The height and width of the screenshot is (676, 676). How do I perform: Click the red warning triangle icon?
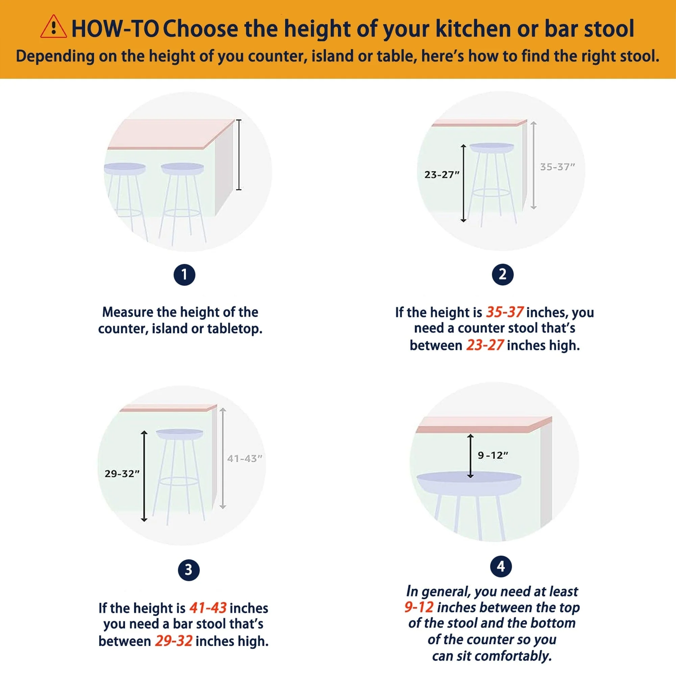(53, 27)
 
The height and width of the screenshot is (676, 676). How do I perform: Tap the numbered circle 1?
(185, 275)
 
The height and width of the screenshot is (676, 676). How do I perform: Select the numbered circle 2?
(503, 274)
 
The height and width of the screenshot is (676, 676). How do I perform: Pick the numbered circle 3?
(189, 570)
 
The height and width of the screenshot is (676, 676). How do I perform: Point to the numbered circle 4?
(501, 566)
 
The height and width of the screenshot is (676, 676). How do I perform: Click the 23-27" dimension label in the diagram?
(442, 175)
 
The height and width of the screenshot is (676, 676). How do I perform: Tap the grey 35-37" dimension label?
(557, 167)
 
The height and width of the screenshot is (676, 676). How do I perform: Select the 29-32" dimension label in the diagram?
(122, 474)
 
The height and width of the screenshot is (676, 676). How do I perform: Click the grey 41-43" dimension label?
(245, 458)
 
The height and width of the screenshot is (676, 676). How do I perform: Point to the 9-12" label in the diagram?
(493, 455)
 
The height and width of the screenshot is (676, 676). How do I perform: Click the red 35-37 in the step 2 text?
(505, 312)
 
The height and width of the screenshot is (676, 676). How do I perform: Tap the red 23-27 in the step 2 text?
(485, 345)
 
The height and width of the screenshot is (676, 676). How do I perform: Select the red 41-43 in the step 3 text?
(208, 608)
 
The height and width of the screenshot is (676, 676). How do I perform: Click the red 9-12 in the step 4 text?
(419, 607)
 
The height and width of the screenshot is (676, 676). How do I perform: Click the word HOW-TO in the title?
(116, 29)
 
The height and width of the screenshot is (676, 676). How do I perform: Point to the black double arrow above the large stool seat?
(470, 456)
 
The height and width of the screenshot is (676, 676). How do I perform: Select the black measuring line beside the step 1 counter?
(239, 155)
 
